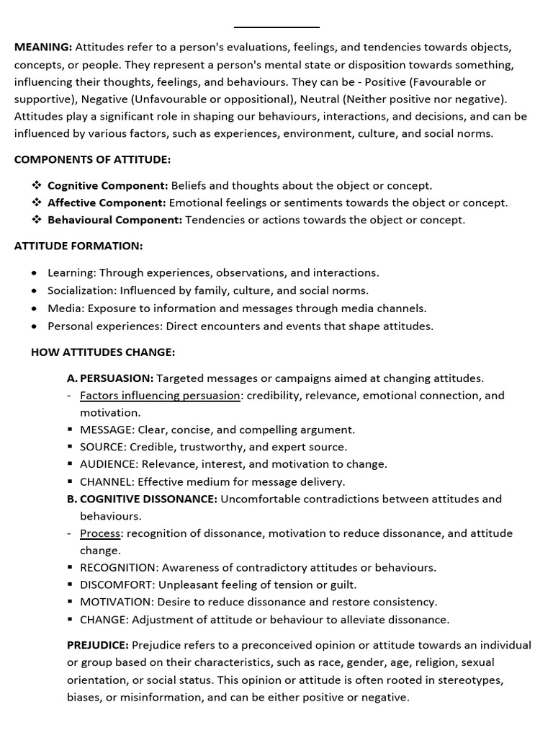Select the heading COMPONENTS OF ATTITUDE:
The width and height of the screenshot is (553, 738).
click(x=92, y=159)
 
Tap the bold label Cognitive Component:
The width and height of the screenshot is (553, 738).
click(x=107, y=185)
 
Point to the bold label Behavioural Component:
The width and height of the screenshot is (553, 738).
click(x=114, y=220)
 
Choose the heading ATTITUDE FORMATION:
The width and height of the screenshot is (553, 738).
click(x=78, y=246)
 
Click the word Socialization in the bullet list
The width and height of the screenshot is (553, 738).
click(x=78, y=290)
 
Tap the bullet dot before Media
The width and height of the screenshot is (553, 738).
click(x=35, y=308)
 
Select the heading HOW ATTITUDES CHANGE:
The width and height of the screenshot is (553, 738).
click(x=103, y=352)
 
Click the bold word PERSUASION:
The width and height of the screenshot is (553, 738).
click(x=117, y=378)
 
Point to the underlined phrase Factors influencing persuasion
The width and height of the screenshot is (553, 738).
click(x=160, y=395)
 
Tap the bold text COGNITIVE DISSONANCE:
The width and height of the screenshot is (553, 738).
click(x=148, y=499)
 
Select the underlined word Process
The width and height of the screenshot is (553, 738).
click(x=100, y=533)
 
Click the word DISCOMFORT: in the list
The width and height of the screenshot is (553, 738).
click(x=117, y=584)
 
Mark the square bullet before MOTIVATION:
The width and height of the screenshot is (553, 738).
click(x=71, y=602)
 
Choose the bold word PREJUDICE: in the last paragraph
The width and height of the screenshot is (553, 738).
click(x=98, y=645)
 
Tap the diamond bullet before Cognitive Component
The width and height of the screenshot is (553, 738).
click(x=36, y=185)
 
